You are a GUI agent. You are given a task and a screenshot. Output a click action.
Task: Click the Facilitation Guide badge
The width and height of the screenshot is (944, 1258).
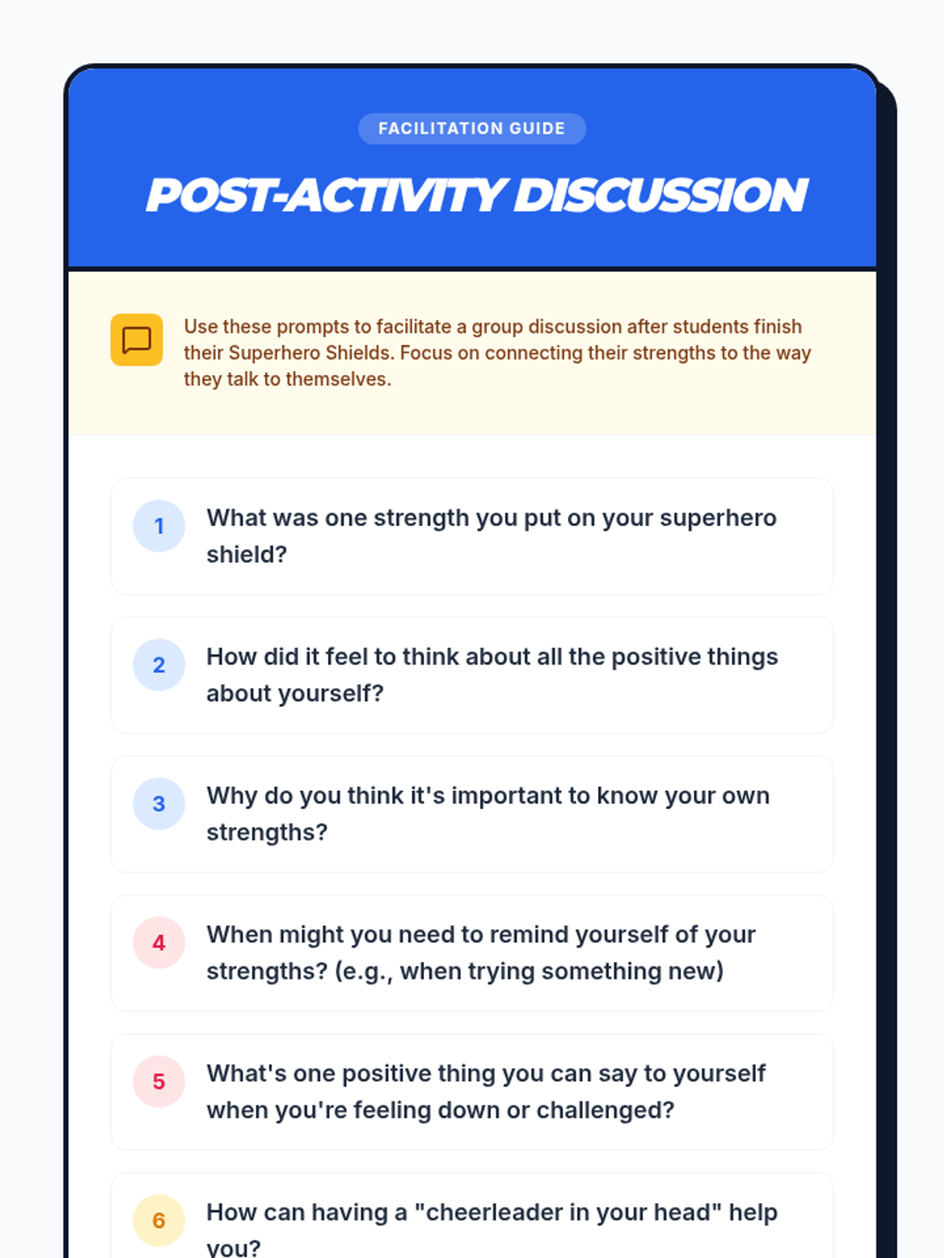coord(472,128)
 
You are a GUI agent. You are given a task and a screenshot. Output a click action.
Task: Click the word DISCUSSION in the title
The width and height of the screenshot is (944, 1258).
coord(660,196)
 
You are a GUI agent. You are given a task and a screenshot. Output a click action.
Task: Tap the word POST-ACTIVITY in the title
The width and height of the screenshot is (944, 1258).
coord(326,196)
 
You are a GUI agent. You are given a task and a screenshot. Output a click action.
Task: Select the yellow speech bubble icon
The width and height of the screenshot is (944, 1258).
coord(136,340)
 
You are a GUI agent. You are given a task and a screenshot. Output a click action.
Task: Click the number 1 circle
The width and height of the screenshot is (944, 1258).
coord(159,525)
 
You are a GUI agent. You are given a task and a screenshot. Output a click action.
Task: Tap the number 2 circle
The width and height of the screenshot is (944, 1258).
coord(159,665)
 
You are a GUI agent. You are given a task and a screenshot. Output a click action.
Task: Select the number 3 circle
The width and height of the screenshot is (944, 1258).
coord(159,804)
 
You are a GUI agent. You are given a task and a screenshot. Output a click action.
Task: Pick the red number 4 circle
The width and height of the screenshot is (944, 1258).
coord(159,943)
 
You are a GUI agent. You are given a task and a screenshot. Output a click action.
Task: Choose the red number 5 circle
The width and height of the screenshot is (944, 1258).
coord(159,1081)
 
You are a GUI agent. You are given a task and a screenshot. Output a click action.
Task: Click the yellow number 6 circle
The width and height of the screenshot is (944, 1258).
coord(159,1220)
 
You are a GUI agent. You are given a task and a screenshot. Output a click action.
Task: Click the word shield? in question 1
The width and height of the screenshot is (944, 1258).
coord(246,555)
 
